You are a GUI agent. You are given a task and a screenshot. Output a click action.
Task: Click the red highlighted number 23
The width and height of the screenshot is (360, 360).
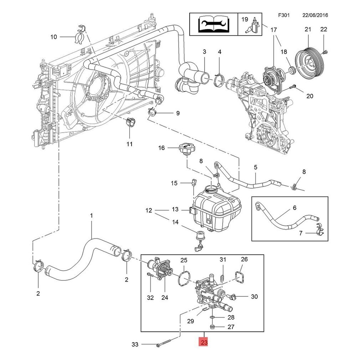click(x=204, y=342)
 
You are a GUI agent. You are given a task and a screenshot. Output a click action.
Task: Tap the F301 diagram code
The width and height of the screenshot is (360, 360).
click(x=284, y=15)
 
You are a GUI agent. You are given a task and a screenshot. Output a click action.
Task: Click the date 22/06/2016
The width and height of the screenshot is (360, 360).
click(x=315, y=15)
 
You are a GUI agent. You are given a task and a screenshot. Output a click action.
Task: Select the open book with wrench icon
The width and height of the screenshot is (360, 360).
click(x=213, y=24)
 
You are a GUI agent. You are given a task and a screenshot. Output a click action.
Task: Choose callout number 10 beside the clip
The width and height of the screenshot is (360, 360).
click(x=54, y=37)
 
